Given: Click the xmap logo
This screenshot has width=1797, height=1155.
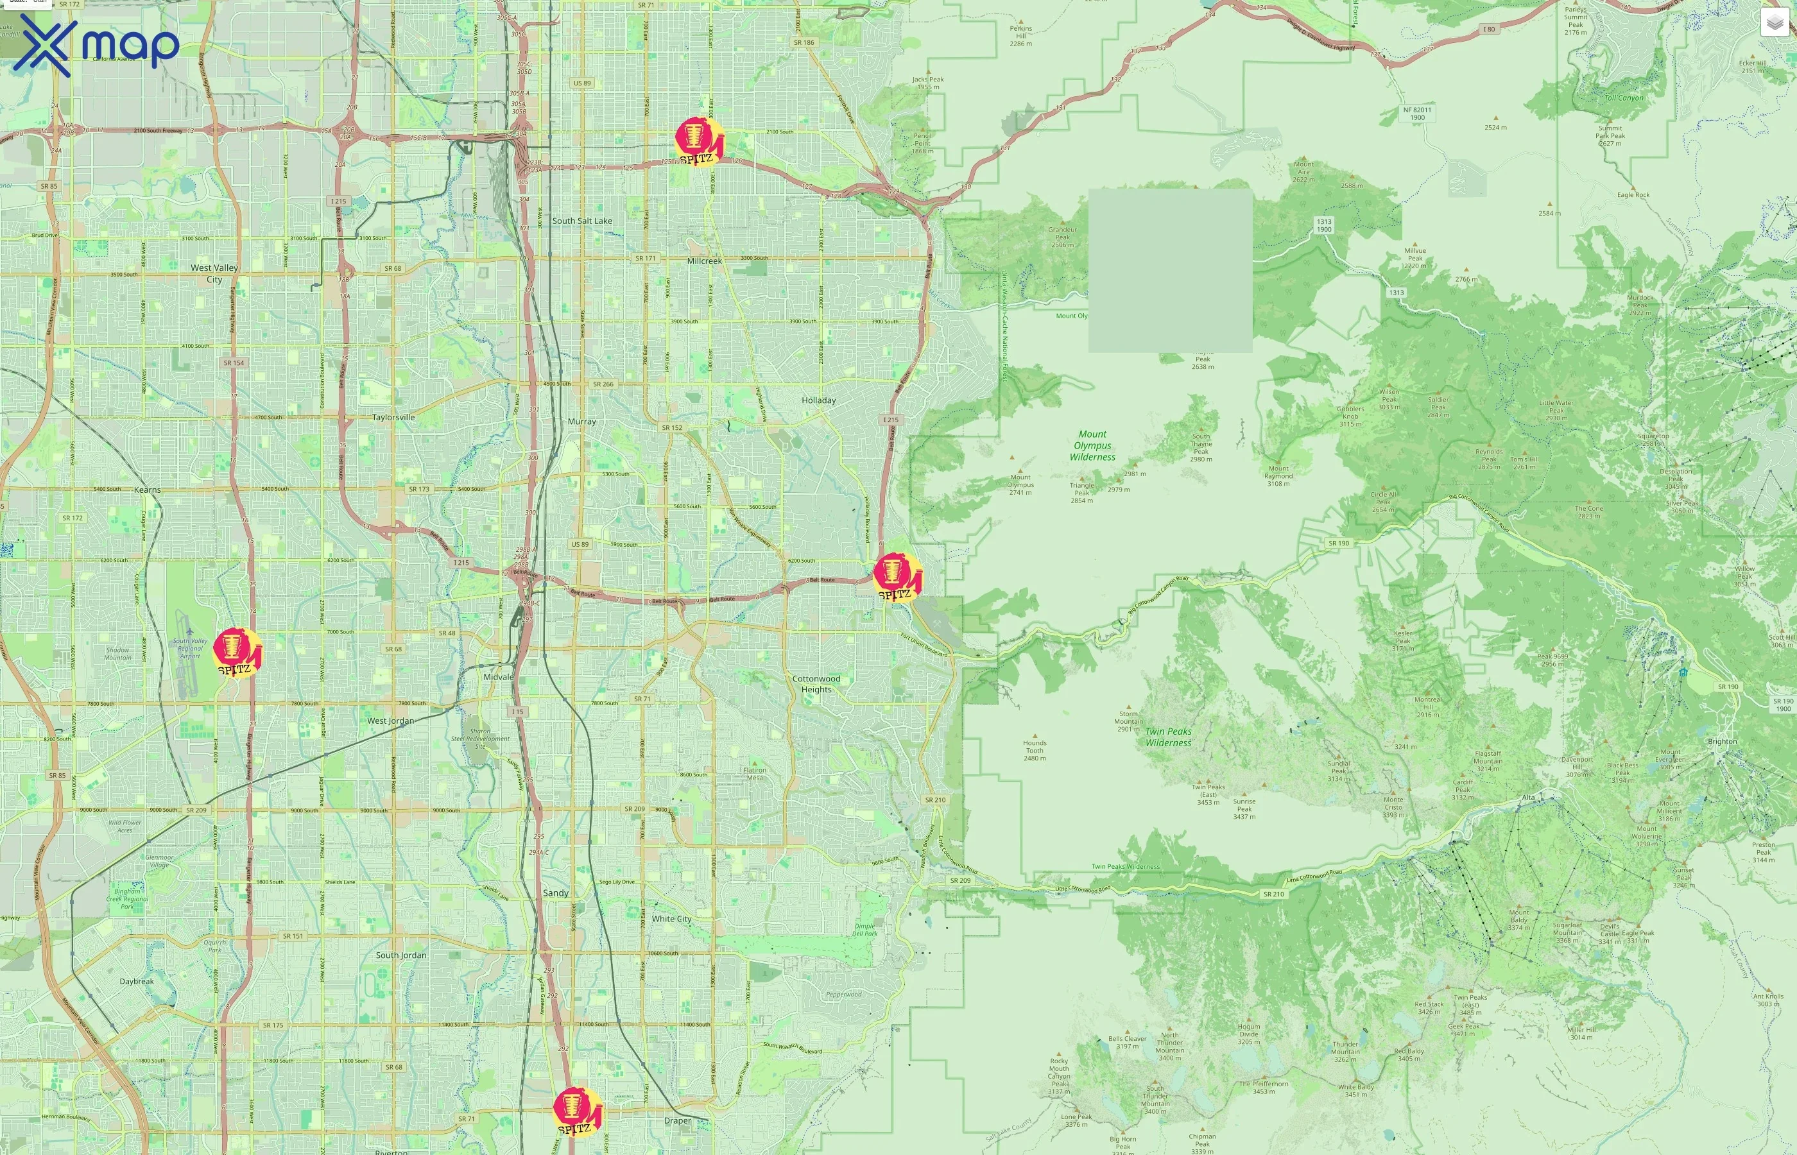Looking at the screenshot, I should [x=96, y=45].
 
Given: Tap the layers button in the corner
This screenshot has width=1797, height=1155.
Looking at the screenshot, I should [x=1774, y=23].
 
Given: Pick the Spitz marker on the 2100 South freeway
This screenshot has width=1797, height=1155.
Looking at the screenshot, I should [x=698, y=141].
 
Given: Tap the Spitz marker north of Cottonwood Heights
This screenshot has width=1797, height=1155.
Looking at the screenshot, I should [x=896, y=577].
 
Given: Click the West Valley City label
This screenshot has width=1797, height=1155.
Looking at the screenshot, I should [x=214, y=273].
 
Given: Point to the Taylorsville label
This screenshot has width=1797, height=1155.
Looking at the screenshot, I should [x=393, y=417].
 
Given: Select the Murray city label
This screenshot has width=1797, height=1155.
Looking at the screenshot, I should [x=581, y=422].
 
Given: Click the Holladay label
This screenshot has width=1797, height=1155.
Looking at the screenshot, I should [x=818, y=400].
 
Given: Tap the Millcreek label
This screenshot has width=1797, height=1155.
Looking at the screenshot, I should [x=704, y=261].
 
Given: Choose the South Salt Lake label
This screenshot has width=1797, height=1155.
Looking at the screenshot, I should [x=582, y=221].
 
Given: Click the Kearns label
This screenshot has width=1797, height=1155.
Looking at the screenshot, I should [x=147, y=490].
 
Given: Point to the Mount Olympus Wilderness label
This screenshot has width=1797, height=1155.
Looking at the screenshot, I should [x=1092, y=445].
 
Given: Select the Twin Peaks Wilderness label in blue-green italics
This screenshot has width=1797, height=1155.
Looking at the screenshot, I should [x=1168, y=737].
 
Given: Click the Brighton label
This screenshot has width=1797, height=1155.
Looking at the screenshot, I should [x=1722, y=742].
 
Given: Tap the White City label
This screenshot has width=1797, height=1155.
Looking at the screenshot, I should [x=671, y=919].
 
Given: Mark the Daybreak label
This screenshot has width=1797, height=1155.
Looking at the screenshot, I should [x=137, y=981].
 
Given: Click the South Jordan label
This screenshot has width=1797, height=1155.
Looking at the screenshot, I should [x=400, y=955].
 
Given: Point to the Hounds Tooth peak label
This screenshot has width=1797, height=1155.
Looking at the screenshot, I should [x=1035, y=750].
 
